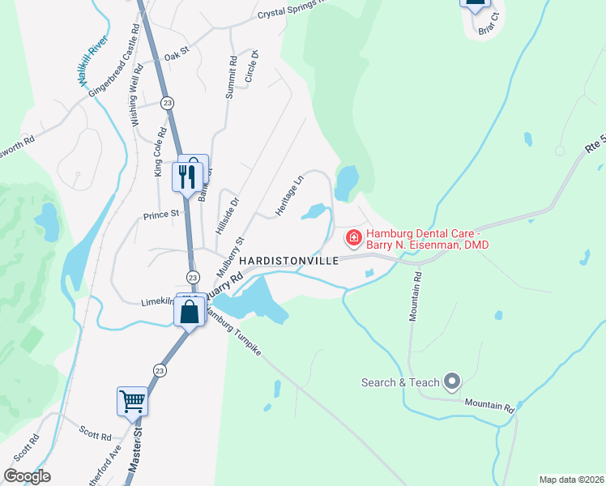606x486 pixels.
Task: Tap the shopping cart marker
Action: pos(132,400)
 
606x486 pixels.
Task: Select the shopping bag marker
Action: pos(190,310)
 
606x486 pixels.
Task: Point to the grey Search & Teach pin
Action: pos(452,382)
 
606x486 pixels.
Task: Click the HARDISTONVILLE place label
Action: pos(287,261)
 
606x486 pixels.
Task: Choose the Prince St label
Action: pos(160,215)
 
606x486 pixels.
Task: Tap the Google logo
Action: pos(27,476)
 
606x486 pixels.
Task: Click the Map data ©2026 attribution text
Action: pos(571,480)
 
